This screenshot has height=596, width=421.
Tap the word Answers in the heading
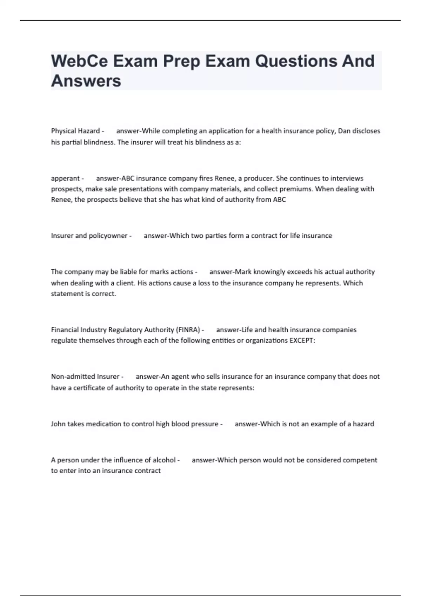[86, 81]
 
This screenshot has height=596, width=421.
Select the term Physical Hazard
[75, 131]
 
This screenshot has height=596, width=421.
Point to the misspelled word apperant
[65, 178]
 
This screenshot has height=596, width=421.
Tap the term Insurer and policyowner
[89, 236]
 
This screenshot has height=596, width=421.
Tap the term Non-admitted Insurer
[85, 377]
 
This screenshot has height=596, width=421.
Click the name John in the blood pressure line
[58, 424]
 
